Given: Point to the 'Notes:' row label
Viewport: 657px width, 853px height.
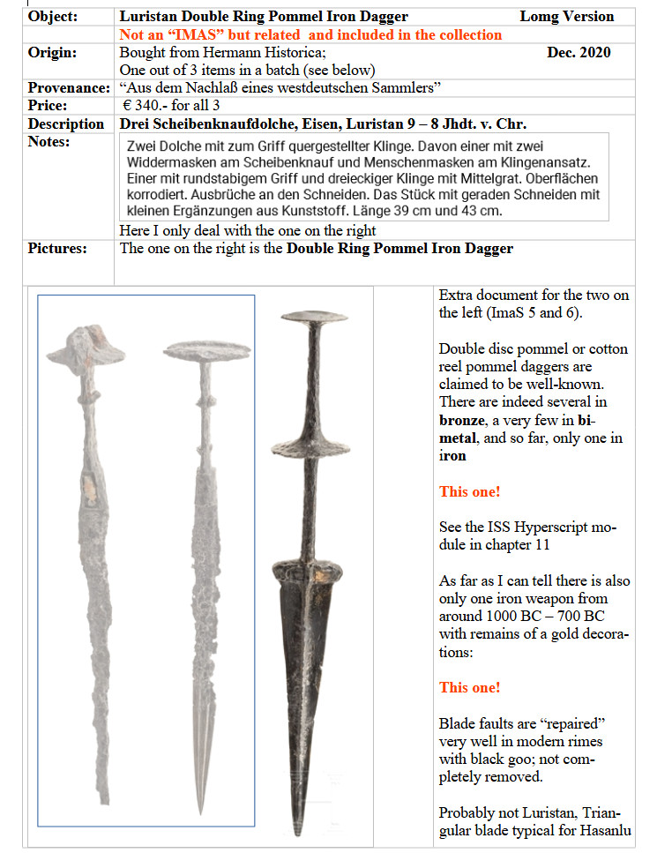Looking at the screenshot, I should coord(49,141).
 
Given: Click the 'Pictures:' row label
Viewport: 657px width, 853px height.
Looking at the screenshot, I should coord(57,249).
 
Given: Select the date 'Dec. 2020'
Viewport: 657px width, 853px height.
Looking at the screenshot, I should coord(579,53).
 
